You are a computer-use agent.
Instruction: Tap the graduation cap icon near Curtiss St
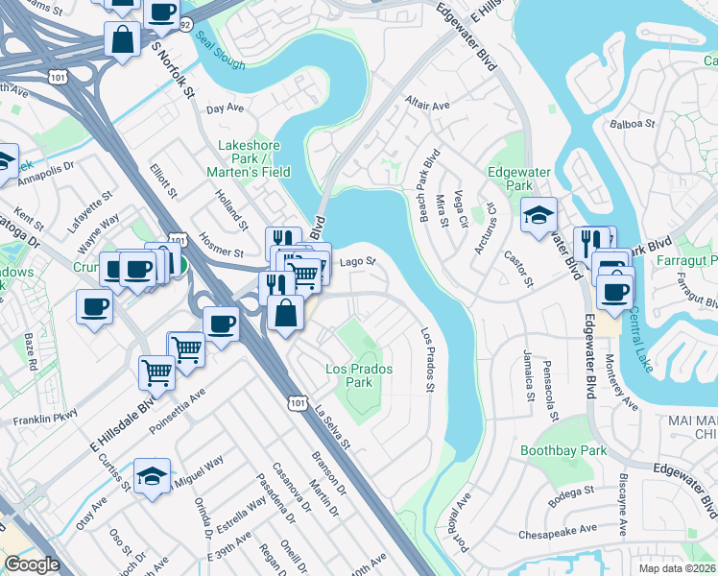tap(152, 477)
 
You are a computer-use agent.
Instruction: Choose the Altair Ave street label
tap(427, 105)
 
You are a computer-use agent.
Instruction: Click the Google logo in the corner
tap(32, 564)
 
